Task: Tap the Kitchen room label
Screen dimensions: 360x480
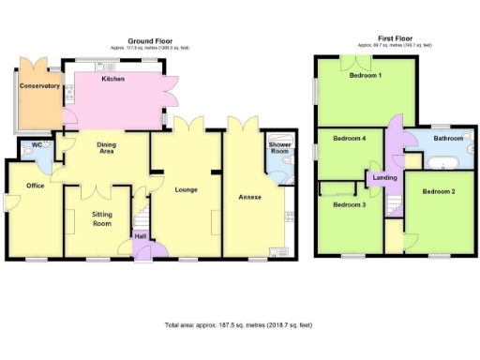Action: coord(114,79)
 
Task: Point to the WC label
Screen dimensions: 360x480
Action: coord(37,144)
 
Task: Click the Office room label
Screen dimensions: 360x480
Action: coord(36,186)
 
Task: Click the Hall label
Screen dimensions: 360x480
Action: coord(140,236)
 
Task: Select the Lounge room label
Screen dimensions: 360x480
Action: coord(186,189)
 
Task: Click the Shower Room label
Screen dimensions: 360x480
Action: coord(279,148)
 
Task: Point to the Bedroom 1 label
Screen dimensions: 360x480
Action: coord(366,76)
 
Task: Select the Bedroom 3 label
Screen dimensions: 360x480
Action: coord(350,204)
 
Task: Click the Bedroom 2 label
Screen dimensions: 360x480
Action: coord(438,192)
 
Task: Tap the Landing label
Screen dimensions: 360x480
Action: coord(384,177)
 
